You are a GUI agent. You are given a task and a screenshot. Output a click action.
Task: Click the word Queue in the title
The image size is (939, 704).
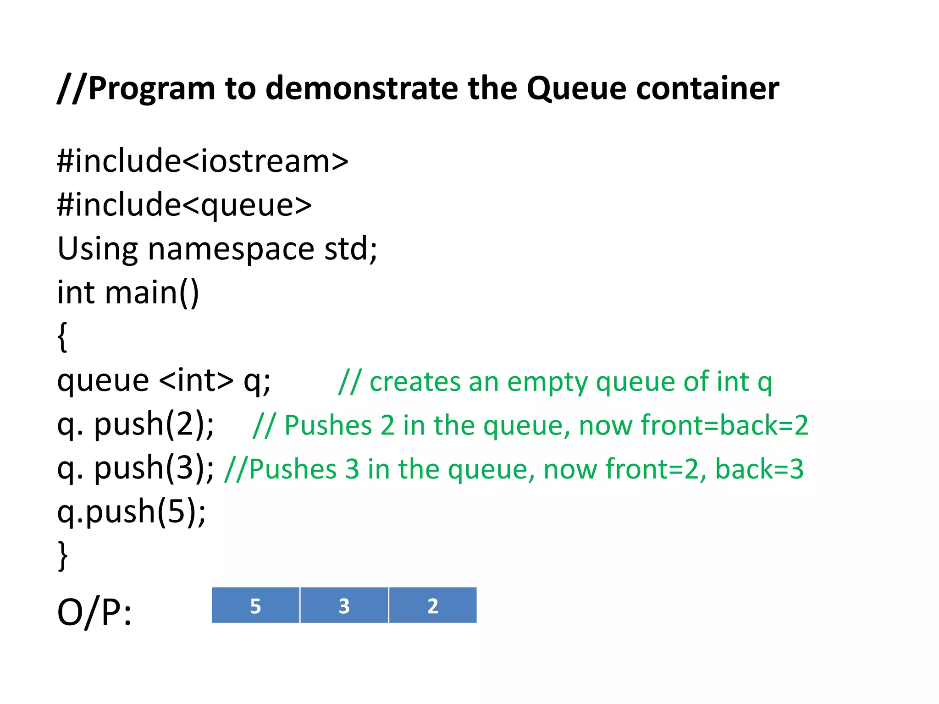pos(576,88)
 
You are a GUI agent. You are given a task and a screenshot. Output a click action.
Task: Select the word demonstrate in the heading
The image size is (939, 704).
pos(361,88)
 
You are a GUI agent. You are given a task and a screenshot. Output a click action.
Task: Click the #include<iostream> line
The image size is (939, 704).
pos(202,161)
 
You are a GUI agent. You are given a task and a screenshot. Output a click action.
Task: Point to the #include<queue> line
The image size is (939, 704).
pos(184,205)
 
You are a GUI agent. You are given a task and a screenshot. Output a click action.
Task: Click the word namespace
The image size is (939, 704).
pos(231,249)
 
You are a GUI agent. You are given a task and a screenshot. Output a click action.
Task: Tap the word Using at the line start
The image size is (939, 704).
pos(97,249)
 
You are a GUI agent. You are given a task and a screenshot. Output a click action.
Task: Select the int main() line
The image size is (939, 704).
pos(128,292)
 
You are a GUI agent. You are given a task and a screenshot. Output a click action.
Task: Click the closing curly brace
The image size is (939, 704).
pos(62,555)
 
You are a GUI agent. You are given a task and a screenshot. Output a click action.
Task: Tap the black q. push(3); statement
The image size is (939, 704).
pos(135,468)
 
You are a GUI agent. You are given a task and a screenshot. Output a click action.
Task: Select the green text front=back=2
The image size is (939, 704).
pos(724,425)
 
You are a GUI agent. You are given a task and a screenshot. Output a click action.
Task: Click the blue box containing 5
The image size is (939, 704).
pos(255,605)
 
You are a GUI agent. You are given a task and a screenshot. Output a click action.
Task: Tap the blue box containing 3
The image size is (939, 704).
pos(344,605)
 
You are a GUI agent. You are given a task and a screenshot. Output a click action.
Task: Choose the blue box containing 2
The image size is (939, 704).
pos(433,605)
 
